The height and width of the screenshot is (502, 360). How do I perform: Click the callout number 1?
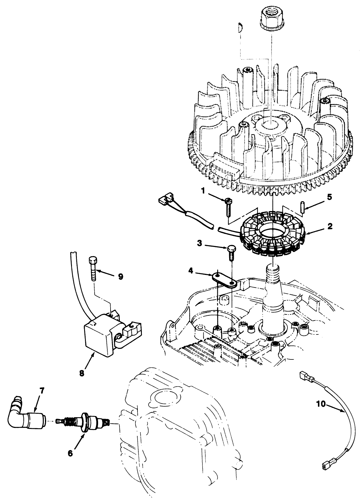point(203,191)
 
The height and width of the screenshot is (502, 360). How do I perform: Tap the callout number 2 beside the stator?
point(330,226)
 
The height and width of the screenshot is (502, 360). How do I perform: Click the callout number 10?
point(321,404)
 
